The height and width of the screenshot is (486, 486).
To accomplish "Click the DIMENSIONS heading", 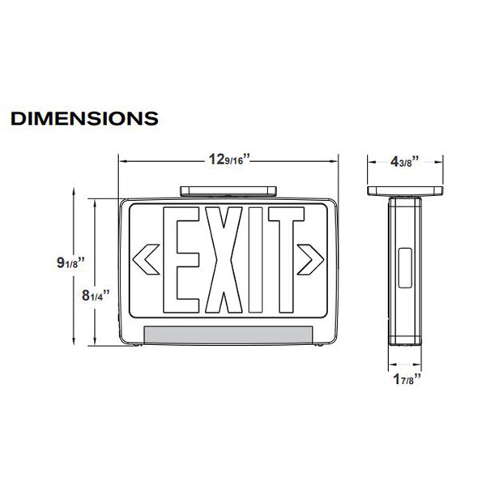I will (84, 118).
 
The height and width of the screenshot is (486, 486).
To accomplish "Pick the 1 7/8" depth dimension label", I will (405, 377).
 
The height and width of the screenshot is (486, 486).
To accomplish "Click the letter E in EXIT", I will (184, 260).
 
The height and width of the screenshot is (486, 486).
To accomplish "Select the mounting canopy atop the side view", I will (406, 191).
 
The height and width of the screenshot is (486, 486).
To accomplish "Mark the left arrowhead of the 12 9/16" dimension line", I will (123, 160).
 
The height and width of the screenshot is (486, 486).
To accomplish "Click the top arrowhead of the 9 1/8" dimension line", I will (75, 192).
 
